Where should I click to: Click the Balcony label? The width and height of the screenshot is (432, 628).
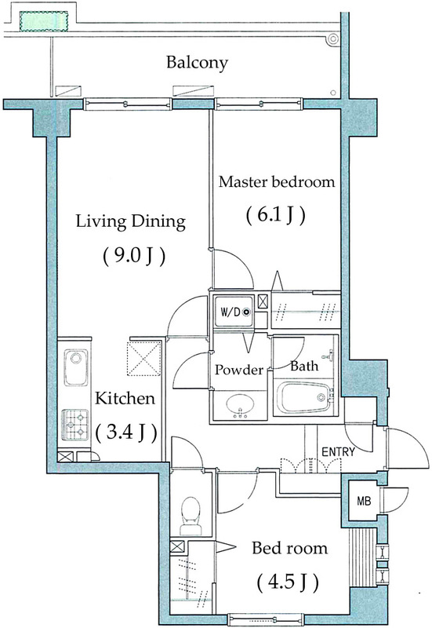197,62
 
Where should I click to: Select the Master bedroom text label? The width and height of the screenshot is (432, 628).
276,182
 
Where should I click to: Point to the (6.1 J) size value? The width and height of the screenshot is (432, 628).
274,214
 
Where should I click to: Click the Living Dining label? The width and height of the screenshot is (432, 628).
130,222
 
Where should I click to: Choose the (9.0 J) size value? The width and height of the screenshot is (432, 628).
133,256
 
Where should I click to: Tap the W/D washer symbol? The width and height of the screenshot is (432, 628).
234,312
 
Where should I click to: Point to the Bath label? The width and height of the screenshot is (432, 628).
303,366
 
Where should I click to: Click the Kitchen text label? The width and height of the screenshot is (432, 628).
125,399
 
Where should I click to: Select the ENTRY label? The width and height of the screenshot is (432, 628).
339,451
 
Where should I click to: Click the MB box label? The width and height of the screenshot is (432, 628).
364,501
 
